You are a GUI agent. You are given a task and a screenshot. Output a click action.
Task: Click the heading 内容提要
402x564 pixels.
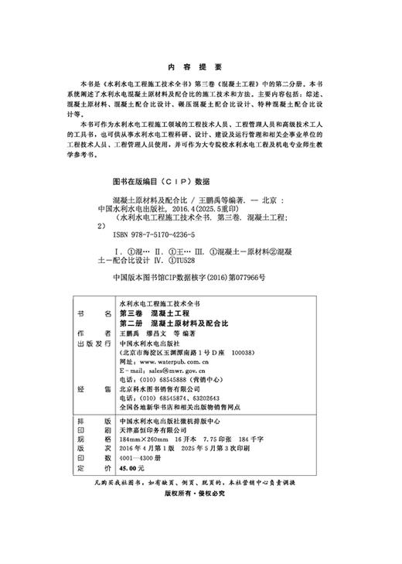coord(200,67)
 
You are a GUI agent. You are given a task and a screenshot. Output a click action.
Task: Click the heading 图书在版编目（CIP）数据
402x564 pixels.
coord(161,183)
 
